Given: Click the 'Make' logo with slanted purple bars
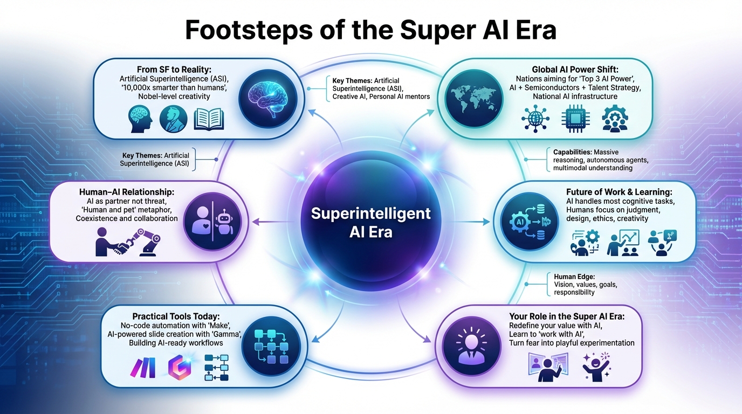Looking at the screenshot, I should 143,369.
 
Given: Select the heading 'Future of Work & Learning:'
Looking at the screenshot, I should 619,192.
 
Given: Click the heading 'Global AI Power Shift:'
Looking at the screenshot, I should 575,70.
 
